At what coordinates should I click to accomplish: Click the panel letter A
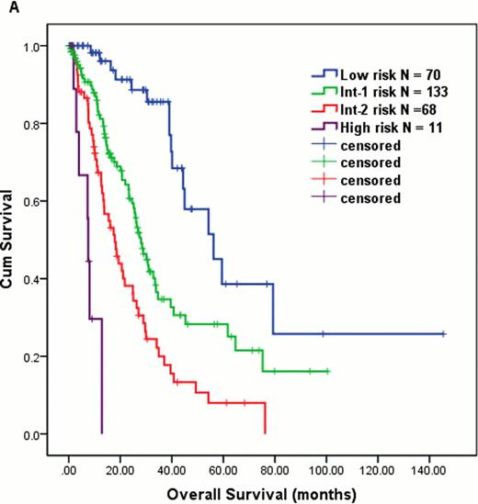pos(6,7)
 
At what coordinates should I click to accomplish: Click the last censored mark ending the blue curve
pos(443,334)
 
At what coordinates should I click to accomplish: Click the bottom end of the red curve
pos(265,432)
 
